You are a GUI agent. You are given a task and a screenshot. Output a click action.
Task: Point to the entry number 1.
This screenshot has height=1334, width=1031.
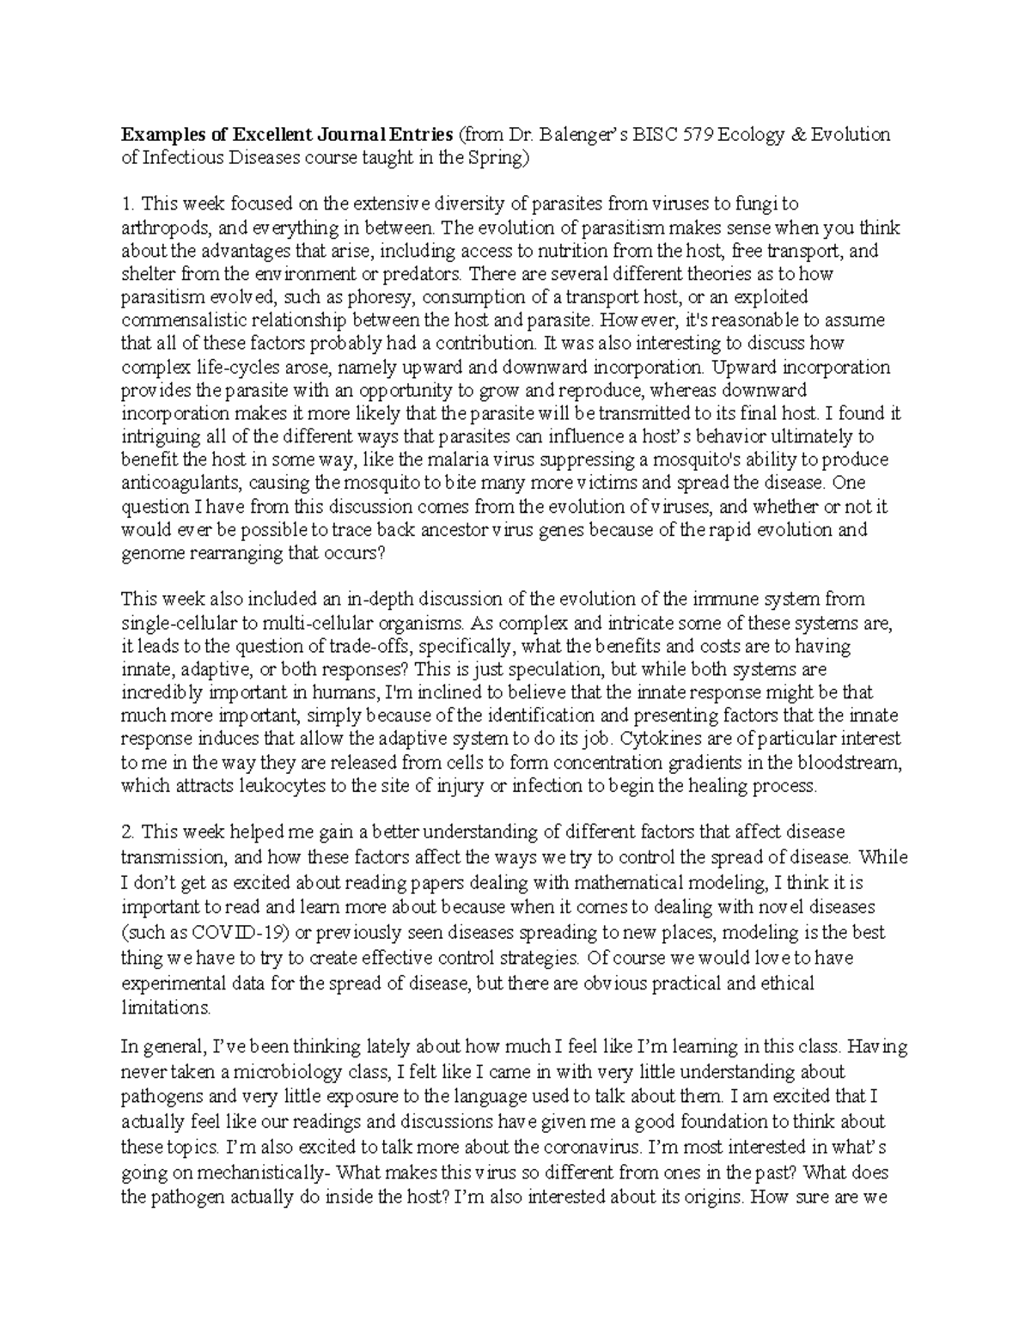pyautogui.click(x=127, y=204)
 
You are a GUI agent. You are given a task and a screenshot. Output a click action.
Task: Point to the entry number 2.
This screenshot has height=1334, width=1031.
pyautogui.click(x=127, y=832)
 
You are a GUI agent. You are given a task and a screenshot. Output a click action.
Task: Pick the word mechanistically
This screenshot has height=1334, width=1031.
pyautogui.click(x=262, y=1172)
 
